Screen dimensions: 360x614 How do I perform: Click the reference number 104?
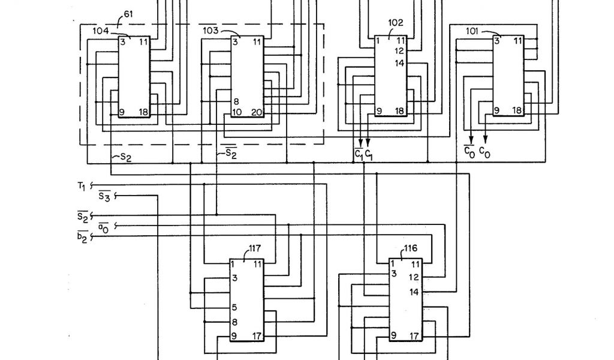(x=101, y=30)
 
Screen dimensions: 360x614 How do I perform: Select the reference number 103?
(x=210, y=30)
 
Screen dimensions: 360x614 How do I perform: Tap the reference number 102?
(x=396, y=23)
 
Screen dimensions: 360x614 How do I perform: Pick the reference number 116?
(x=411, y=247)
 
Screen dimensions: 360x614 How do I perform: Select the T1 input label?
(x=82, y=185)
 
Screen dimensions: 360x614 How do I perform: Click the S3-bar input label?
(x=104, y=196)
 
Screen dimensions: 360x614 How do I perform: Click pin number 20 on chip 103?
(x=257, y=112)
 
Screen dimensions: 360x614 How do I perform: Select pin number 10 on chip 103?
(x=237, y=112)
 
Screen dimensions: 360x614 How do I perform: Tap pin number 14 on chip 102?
(x=399, y=63)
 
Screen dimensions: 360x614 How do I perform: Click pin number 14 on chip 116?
(x=414, y=292)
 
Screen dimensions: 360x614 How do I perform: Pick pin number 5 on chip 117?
(x=234, y=307)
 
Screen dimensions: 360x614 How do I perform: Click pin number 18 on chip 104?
(x=144, y=112)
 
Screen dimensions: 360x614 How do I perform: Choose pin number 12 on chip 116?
(x=414, y=277)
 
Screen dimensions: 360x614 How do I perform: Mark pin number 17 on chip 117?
(x=257, y=335)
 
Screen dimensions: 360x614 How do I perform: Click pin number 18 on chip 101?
(x=517, y=111)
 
